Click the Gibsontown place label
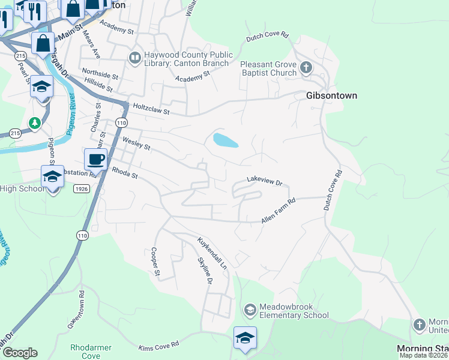click(x=331, y=95)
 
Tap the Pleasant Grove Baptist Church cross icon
click(x=306, y=67)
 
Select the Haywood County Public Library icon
click(x=134, y=58)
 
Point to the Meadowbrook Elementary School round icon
click(x=250, y=310)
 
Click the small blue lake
click(x=225, y=140)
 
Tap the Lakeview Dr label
click(x=264, y=181)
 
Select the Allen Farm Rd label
click(x=279, y=212)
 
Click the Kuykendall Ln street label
click(x=214, y=253)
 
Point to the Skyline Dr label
click(x=205, y=271)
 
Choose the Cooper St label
click(x=155, y=262)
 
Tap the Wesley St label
click(x=136, y=144)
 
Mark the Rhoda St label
click(x=125, y=173)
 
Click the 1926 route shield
click(x=82, y=189)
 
